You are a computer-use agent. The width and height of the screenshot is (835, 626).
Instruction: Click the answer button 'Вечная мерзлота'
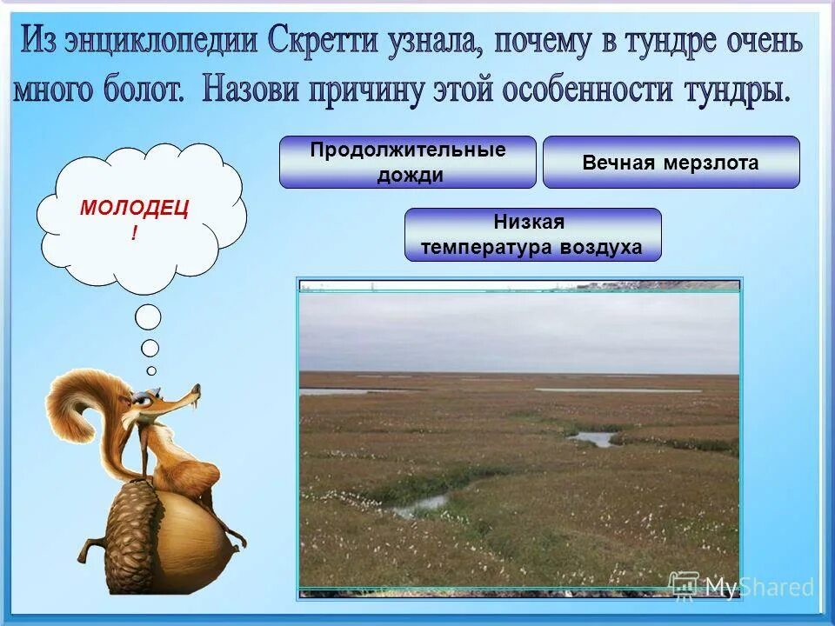(671, 163)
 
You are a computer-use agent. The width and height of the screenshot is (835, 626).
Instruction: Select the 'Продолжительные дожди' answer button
(407, 162)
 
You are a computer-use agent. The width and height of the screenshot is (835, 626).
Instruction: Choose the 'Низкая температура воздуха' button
(532, 235)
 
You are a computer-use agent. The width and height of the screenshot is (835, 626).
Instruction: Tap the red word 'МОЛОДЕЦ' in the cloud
(134, 208)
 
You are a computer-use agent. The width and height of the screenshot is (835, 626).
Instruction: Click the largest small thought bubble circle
(148, 317)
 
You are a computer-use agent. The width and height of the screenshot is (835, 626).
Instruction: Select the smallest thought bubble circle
(151, 370)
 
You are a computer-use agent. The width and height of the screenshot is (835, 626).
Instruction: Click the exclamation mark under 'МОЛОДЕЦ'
(134, 234)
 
